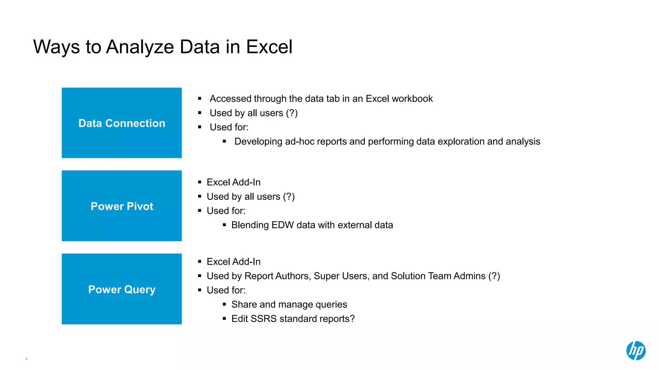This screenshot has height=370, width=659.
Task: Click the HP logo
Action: (636, 350)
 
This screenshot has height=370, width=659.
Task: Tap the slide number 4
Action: (26, 359)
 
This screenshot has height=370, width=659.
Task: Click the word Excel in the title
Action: (269, 47)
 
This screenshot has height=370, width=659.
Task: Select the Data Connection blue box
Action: (122, 123)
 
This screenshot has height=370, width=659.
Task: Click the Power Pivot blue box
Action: (122, 206)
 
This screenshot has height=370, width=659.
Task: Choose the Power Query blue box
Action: (122, 289)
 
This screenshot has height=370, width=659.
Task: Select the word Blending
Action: (250, 225)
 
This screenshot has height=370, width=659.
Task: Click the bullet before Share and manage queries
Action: (224, 304)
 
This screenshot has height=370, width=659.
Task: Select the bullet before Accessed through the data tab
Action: (200, 99)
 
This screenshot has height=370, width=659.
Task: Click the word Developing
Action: (258, 142)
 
